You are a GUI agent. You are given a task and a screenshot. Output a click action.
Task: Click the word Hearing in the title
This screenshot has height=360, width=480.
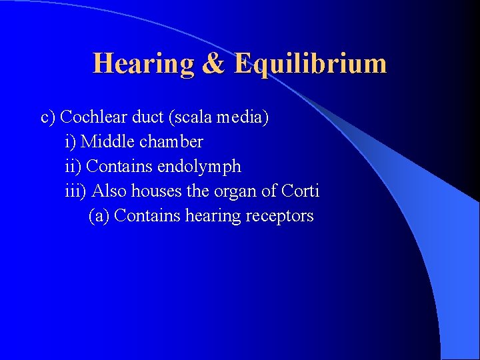[x=143, y=64]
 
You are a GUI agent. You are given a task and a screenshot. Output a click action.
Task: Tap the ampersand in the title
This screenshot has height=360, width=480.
[x=214, y=64]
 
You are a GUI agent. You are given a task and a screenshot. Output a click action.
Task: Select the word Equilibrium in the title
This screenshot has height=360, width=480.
[x=311, y=64]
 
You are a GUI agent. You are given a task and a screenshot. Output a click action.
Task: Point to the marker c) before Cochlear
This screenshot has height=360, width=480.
[x=48, y=117]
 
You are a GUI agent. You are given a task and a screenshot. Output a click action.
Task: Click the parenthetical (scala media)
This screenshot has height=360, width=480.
[x=219, y=118]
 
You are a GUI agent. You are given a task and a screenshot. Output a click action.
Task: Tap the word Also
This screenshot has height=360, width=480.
[x=109, y=191]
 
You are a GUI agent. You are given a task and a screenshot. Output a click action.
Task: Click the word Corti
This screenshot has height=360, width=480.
[x=301, y=191]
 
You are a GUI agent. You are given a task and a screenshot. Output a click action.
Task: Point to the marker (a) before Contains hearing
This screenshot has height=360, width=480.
[x=99, y=216]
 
